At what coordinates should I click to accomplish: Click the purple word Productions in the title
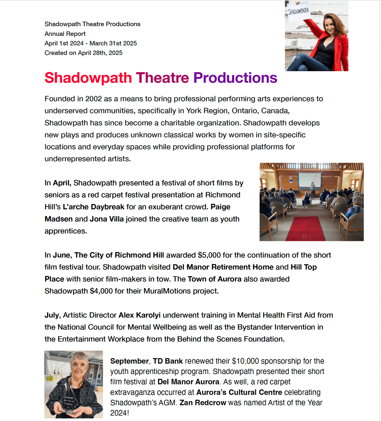[x=235, y=78]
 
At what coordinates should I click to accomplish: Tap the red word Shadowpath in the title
[x=88, y=78]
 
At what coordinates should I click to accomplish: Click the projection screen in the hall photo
[x=310, y=179]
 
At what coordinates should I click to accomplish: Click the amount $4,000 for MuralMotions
[x=101, y=291]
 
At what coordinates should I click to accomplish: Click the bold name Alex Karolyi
[x=139, y=315]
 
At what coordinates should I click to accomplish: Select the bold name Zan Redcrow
[x=203, y=403]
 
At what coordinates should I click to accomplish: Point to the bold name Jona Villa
[x=107, y=219]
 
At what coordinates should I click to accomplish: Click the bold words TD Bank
[x=168, y=361]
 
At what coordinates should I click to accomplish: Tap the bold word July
[x=52, y=315]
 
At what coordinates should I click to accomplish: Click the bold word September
[x=129, y=361]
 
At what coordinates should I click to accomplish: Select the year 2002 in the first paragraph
[x=93, y=99]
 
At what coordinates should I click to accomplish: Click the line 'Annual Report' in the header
[x=65, y=34]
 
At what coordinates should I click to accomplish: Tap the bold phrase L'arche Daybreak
[x=93, y=207]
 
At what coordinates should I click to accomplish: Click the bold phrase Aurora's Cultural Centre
[x=239, y=392]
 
